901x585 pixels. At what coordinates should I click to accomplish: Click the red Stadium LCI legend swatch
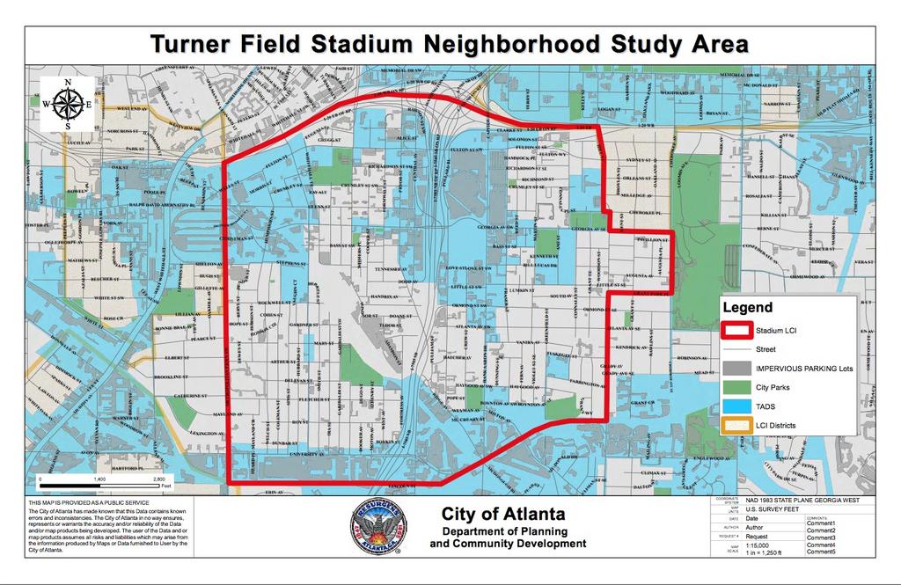(736, 331)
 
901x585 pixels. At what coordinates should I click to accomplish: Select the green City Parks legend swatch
(736, 387)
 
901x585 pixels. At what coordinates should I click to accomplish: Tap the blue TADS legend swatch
(736, 406)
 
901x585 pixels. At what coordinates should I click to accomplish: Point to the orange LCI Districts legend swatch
(736, 425)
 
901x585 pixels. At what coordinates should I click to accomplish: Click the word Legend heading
(747, 308)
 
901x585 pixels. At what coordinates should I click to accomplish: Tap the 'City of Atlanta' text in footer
(503, 515)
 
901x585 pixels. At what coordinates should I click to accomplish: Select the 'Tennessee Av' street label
(392, 269)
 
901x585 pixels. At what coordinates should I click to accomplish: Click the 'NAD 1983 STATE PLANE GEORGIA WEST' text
(799, 501)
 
